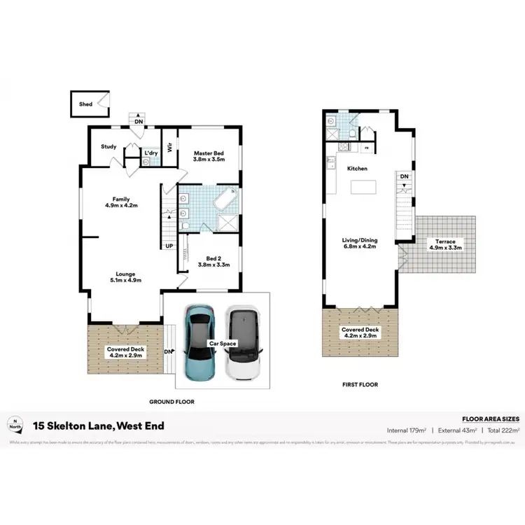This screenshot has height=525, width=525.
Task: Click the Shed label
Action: pyautogui.click(x=85, y=104)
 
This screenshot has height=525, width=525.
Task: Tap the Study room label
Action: pyautogui.click(x=108, y=146)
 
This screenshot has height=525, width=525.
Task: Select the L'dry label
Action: pyautogui.click(x=150, y=152)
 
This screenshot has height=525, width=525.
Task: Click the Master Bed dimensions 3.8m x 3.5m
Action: pyautogui.click(x=208, y=160)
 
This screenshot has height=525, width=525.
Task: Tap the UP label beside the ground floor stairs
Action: pyautogui.click(x=169, y=246)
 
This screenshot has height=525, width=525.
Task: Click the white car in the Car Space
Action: pyautogui.click(x=243, y=343)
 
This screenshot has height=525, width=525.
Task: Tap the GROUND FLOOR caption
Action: pyautogui.click(x=171, y=402)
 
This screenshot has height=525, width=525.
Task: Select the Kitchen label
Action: pyautogui.click(x=358, y=169)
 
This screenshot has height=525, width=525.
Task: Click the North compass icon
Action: pyautogui.click(x=13, y=423)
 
